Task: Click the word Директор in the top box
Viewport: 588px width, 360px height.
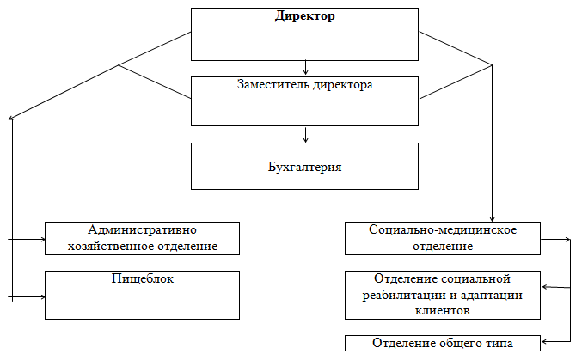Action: tap(304, 16)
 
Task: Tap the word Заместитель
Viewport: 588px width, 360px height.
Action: tap(273, 85)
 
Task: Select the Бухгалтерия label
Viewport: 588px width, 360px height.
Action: tap(304, 167)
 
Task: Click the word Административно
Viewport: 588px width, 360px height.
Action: tap(142, 229)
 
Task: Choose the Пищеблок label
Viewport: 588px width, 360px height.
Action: tap(143, 278)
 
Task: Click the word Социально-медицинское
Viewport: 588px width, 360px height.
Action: tap(443, 229)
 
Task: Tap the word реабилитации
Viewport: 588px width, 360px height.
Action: tap(405, 296)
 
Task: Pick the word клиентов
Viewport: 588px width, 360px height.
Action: tap(443, 310)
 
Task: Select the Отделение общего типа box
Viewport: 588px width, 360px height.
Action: tap(443, 343)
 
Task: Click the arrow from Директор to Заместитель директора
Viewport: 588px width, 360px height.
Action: tap(306, 67)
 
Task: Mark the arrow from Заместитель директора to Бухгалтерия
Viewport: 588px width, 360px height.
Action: tap(306, 135)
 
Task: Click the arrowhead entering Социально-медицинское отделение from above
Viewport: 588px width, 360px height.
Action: tap(492, 219)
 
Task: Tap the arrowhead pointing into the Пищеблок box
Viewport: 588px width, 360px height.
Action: tap(42, 297)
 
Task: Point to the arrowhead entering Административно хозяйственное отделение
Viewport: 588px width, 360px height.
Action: tap(42, 239)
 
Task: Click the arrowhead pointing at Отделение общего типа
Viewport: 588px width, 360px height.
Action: tap(544, 341)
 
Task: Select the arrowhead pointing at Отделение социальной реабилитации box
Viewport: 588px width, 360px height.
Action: tap(545, 287)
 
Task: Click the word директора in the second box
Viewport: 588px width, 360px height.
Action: tap(343, 85)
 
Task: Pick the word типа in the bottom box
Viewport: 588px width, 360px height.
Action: tap(499, 343)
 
